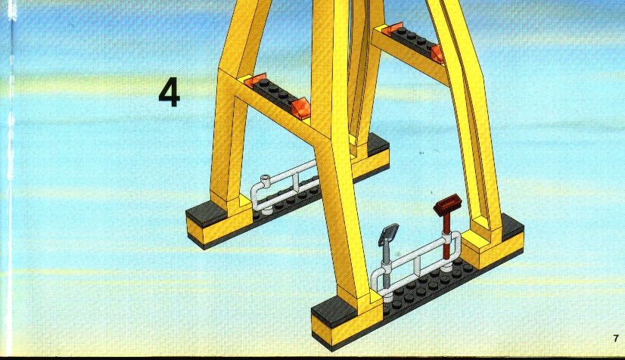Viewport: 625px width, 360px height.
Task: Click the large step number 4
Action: coord(169,93)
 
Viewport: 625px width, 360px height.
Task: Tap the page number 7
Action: coord(616,339)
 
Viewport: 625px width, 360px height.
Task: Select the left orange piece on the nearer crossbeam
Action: coord(255,80)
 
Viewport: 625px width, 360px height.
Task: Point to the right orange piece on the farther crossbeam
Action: coord(437,53)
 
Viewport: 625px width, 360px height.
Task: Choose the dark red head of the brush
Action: coord(448,204)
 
